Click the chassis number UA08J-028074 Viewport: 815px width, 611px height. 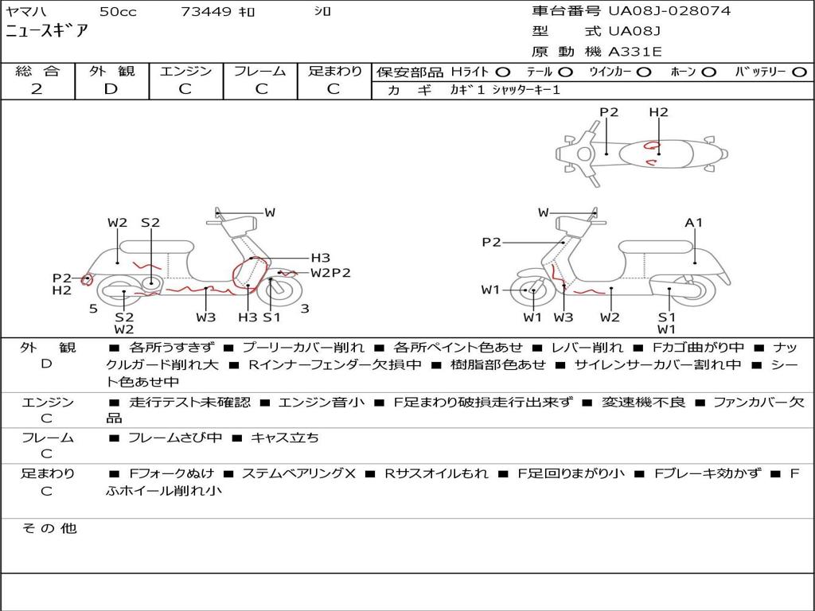669,11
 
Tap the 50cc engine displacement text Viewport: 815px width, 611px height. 117,12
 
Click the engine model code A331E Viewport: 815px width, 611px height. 634,53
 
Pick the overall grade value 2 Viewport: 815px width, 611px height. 37,89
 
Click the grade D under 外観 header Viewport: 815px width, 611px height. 111,89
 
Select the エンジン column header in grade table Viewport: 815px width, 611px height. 185,71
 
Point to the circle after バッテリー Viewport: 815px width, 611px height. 800,72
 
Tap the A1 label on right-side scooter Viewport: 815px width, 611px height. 694,223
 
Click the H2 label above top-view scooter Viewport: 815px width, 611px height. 658,112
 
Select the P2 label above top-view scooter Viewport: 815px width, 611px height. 609,112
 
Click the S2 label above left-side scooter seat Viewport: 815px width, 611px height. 150,223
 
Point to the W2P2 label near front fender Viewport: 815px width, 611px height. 330,273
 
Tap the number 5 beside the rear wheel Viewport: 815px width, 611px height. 93,309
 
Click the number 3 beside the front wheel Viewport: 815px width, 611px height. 305,309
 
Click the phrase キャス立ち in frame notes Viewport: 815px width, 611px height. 284,438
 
